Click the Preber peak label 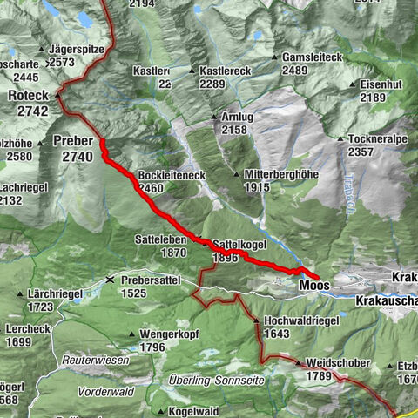72,141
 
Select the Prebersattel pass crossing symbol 109,280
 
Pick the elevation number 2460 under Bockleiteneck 150,187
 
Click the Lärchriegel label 54,294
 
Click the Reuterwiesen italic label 95,360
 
